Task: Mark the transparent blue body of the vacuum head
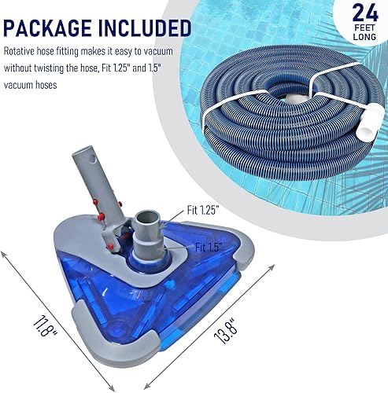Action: click(181, 291)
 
